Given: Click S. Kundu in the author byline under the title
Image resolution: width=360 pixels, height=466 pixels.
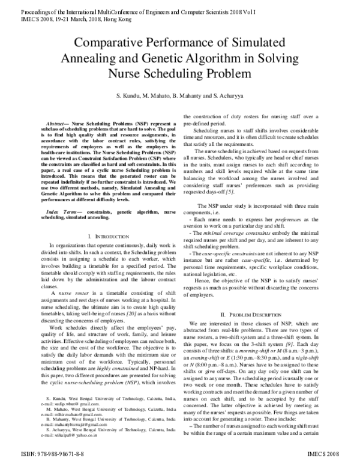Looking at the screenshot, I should point(127,96).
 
